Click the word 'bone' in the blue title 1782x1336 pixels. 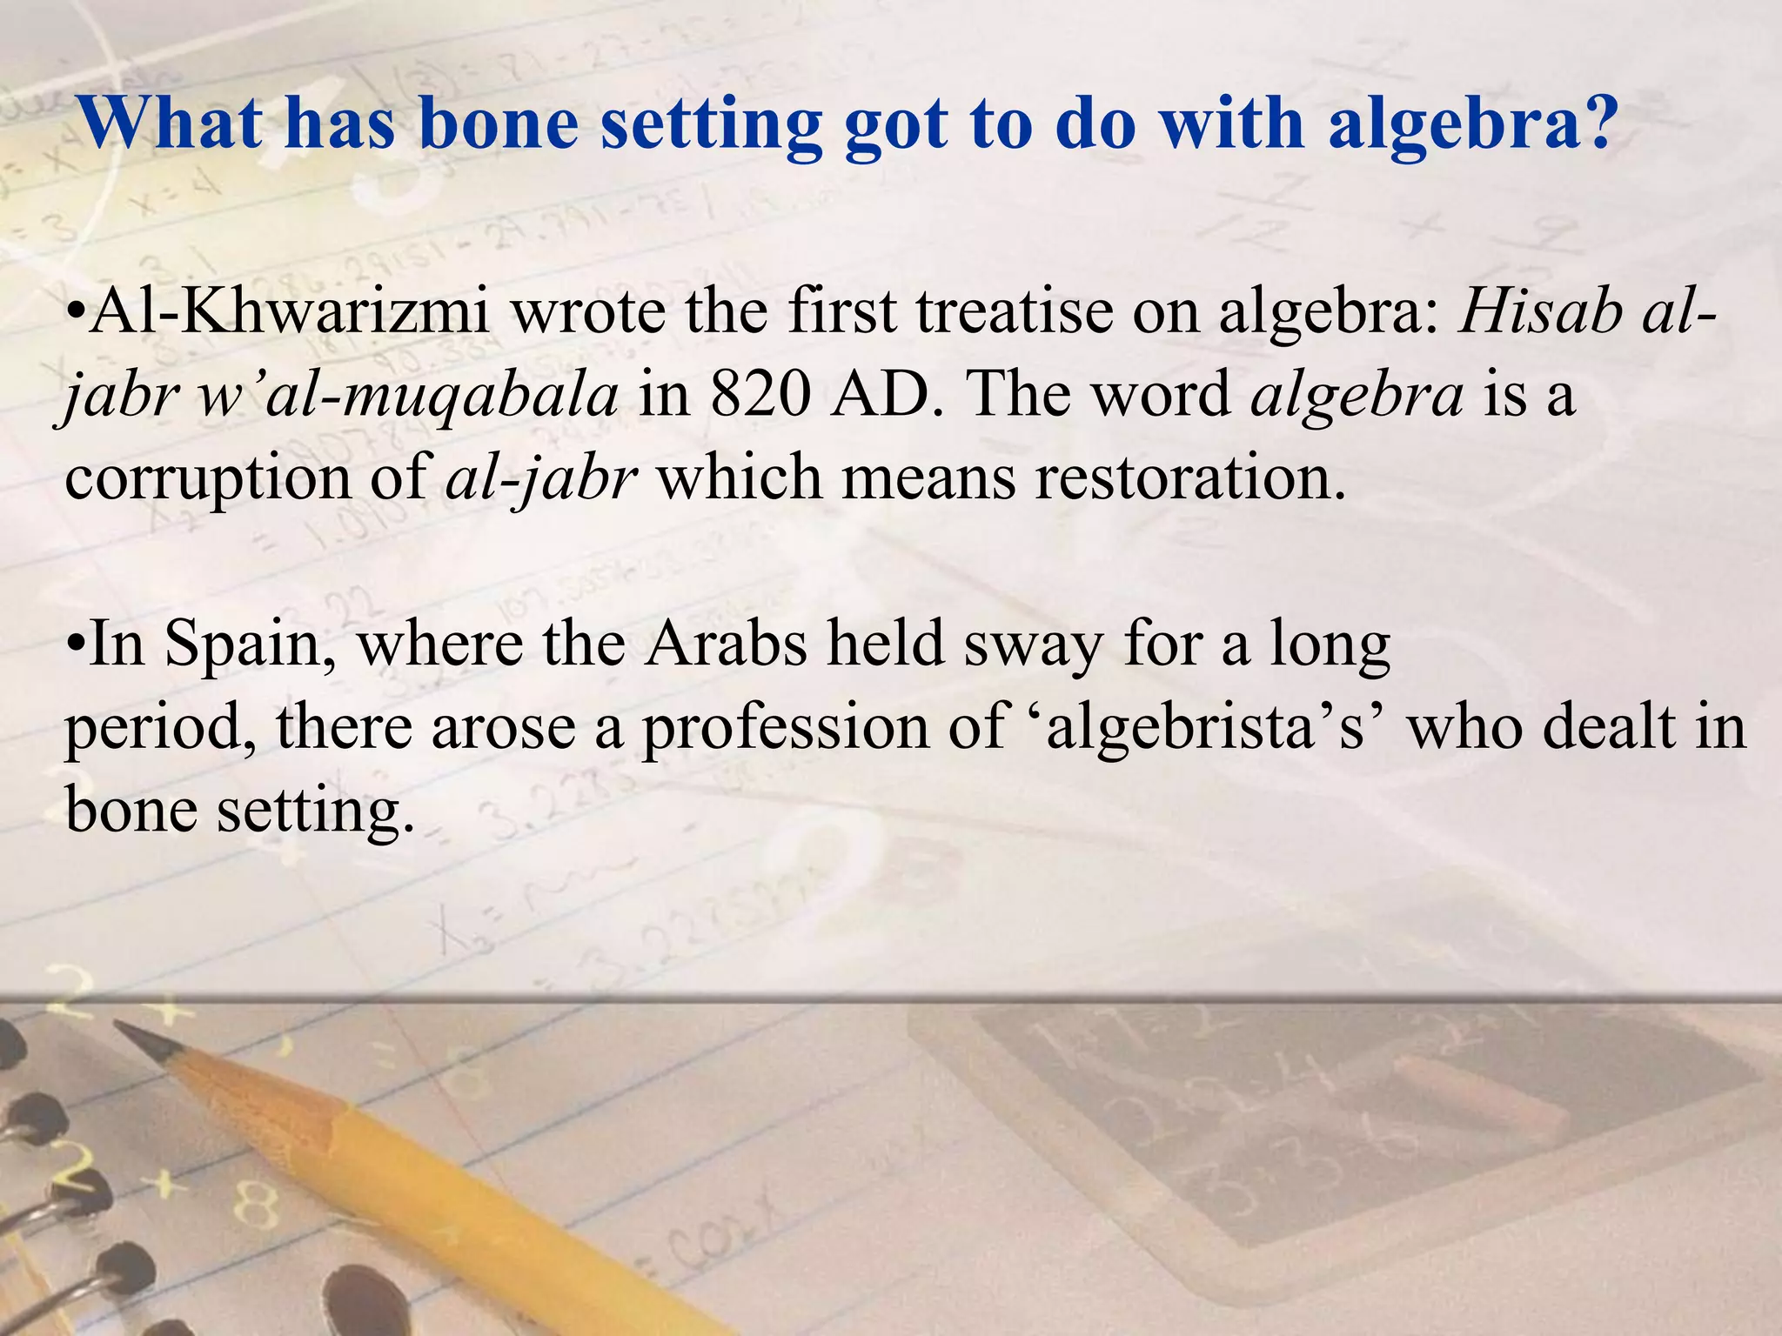(498, 124)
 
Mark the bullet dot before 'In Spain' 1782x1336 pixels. (76, 646)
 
